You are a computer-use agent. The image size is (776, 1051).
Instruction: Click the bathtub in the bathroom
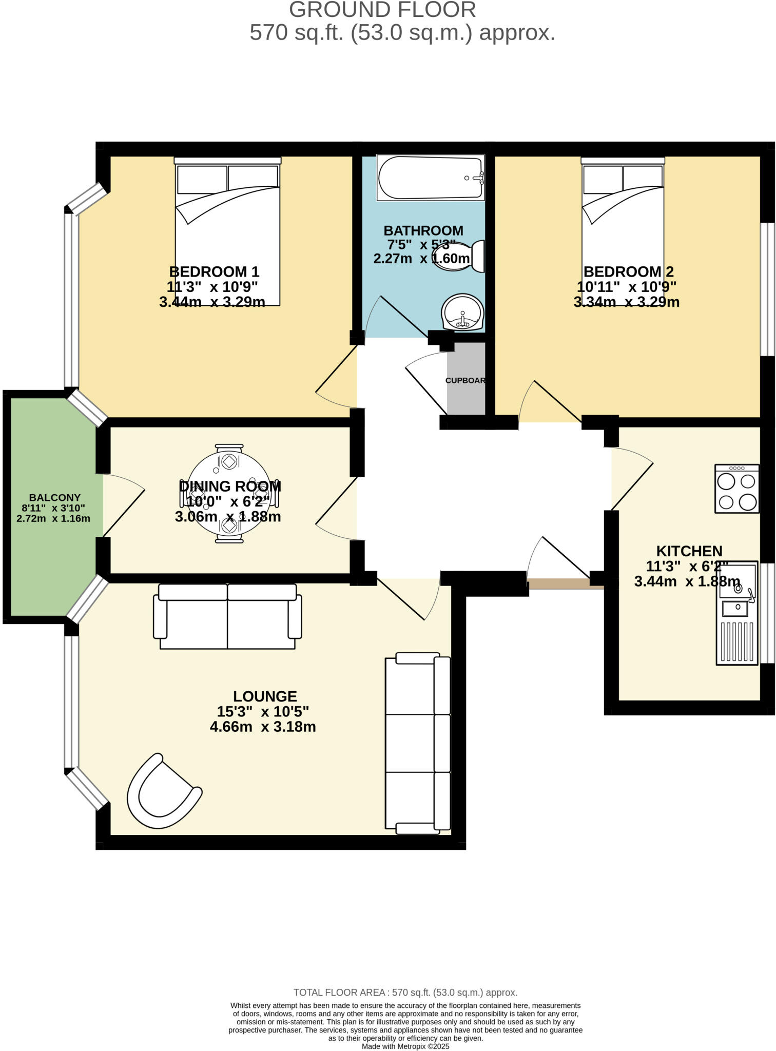(430, 178)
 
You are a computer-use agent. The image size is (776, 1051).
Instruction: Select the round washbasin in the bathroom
(462, 312)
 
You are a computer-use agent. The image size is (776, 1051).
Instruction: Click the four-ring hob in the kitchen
(737, 489)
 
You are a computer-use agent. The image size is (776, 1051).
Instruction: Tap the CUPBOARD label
(465, 380)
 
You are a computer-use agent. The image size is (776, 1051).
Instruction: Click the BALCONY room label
(54, 497)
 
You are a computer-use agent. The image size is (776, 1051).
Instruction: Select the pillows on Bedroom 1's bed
(227, 179)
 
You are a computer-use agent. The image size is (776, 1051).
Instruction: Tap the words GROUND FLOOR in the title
(382, 10)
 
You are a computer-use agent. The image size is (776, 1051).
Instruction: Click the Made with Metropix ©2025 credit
(405, 1046)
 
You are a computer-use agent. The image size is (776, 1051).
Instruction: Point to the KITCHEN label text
(689, 551)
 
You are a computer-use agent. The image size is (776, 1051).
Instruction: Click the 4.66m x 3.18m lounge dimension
(263, 727)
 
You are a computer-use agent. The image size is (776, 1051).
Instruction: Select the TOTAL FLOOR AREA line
(405, 992)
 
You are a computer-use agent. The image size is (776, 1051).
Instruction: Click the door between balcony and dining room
(124, 505)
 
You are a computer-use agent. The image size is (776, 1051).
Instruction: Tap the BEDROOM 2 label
(628, 271)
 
